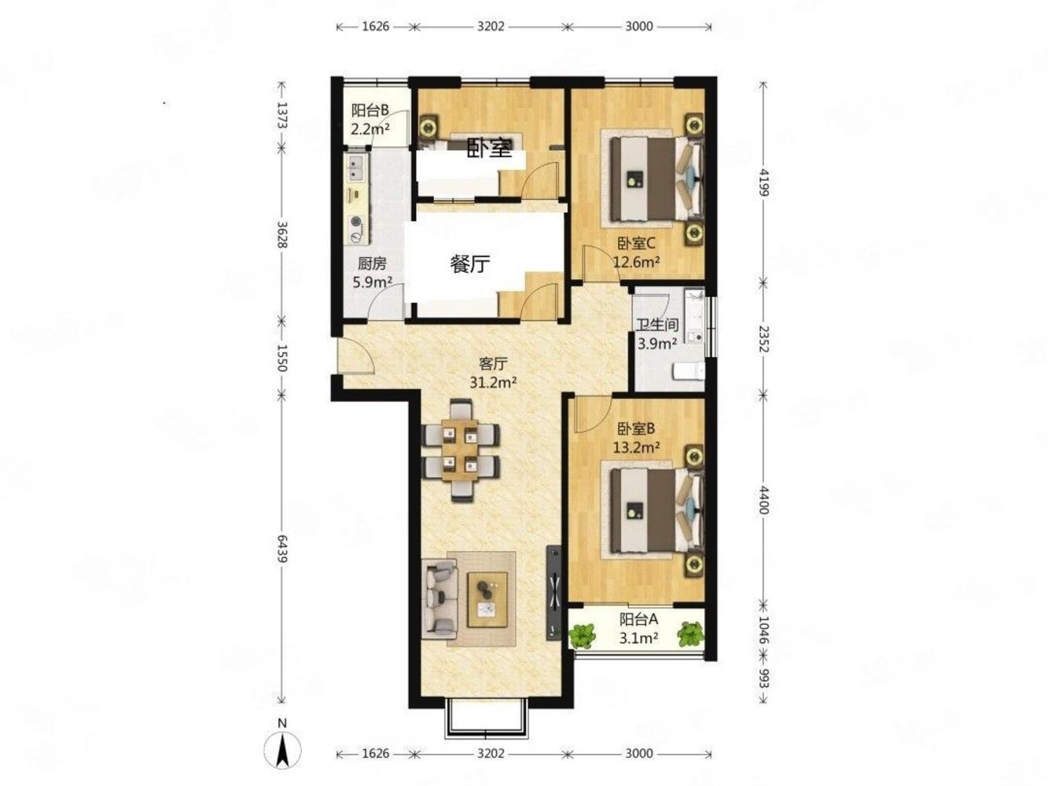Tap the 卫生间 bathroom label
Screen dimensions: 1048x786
pyautogui.click(x=657, y=325)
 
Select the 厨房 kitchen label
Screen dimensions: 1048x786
pyautogui.click(x=371, y=263)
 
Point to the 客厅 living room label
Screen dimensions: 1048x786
pyautogui.click(x=493, y=364)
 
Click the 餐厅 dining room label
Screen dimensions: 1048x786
pyautogui.click(x=470, y=263)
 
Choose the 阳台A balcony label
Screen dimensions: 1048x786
pyautogui.click(x=638, y=619)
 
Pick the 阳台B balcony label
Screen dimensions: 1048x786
pyautogui.click(x=370, y=110)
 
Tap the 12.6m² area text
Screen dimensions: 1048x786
pyautogui.click(x=637, y=262)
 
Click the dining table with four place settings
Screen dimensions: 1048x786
pyautogui.click(x=460, y=450)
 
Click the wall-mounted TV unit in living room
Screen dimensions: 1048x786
pyautogui.click(x=553, y=592)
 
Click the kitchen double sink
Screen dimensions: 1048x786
pyautogui.click(x=355, y=168)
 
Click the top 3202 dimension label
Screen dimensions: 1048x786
pyautogui.click(x=491, y=26)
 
